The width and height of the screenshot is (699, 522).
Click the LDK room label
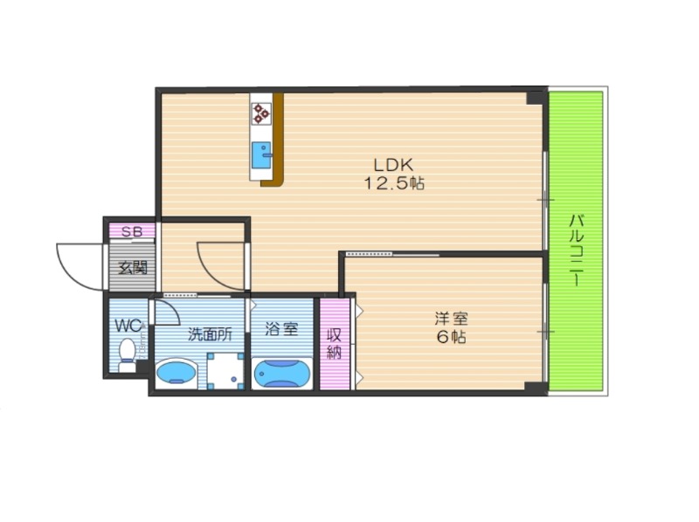tap(393, 165)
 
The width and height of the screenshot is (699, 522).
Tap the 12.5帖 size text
tap(394, 183)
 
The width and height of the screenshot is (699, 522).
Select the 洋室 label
tap(452, 319)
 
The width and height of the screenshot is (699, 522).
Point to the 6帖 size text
tap(451, 337)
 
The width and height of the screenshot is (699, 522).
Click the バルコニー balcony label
tap(578, 251)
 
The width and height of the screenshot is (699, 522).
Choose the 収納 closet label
tap(335, 343)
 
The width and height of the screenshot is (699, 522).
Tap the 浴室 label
tap(281, 329)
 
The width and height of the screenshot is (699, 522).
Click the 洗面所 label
tap(210, 334)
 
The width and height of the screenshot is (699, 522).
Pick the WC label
tap(128, 325)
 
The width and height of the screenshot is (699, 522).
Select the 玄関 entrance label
tap(133, 268)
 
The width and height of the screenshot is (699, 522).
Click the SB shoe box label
tap(132, 231)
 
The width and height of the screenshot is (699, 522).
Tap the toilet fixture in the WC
tap(128, 355)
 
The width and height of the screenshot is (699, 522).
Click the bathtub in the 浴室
tap(281, 374)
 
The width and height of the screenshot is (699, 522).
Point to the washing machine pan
tap(225, 371)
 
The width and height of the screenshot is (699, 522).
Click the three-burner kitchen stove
tap(261, 113)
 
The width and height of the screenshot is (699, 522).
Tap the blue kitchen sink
tap(261, 155)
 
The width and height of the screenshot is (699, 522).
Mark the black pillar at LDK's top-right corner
tap(536, 98)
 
